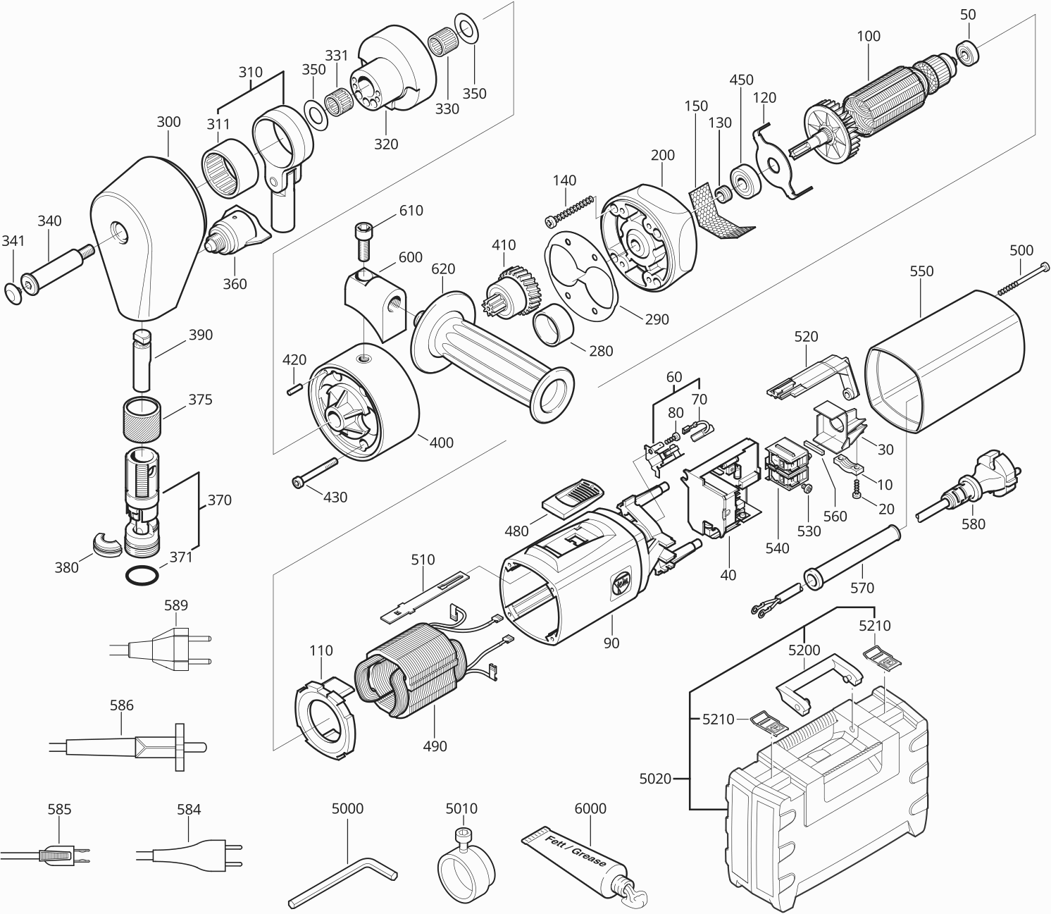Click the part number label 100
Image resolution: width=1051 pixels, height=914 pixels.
pos(868,37)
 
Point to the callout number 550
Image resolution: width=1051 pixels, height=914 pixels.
pos(921,271)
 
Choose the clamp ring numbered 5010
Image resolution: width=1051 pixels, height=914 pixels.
pos(465,867)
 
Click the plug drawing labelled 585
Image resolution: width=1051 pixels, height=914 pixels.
pos(56,856)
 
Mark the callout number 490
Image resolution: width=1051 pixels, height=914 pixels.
pos(435,746)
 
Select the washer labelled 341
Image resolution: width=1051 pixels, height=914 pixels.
pos(13,293)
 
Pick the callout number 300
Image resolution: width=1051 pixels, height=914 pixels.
pos(168,122)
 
